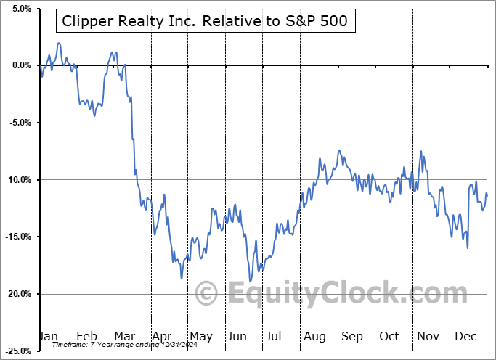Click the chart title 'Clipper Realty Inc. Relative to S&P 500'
click(206, 22)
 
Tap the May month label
click(201, 336)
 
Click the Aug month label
click(315, 336)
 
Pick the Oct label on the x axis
click(389, 336)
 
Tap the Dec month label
click(465, 336)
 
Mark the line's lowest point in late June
click(250, 281)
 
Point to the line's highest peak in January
click(58, 44)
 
